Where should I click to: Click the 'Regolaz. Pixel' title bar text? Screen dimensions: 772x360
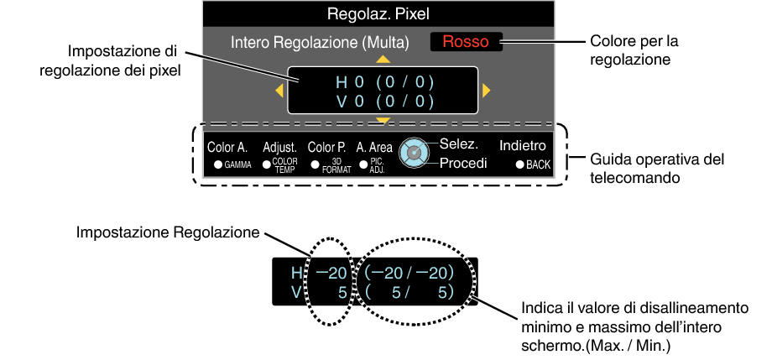(x=378, y=13)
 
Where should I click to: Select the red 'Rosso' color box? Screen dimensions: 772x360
(x=466, y=42)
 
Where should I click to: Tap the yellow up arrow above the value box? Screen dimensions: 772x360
(x=383, y=60)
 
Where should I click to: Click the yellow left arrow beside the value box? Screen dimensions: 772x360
(x=279, y=91)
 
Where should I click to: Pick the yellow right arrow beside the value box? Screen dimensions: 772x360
(x=487, y=91)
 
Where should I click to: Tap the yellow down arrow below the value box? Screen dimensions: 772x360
(x=383, y=120)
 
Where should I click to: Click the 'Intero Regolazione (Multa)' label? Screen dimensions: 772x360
(x=320, y=43)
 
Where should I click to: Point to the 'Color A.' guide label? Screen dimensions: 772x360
(x=227, y=147)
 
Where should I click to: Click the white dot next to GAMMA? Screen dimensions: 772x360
(x=217, y=165)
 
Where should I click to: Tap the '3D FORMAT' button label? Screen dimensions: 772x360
(x=336, y=166)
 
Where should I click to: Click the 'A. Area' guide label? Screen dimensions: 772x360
(x=375, y=147)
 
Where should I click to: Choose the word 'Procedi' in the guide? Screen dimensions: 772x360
(x=463, y=163)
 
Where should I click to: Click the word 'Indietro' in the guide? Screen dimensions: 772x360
(x=523, y=146)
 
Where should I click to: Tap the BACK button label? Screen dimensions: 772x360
(x=538, y=165)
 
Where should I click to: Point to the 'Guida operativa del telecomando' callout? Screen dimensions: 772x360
(x=657, y=168)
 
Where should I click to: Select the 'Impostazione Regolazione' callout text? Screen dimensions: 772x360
(x=168, y=232)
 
